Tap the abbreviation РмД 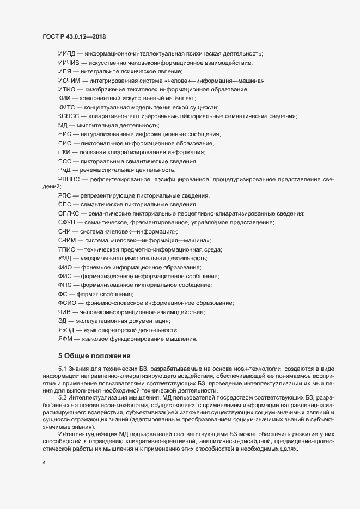(x=65, y=169)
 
